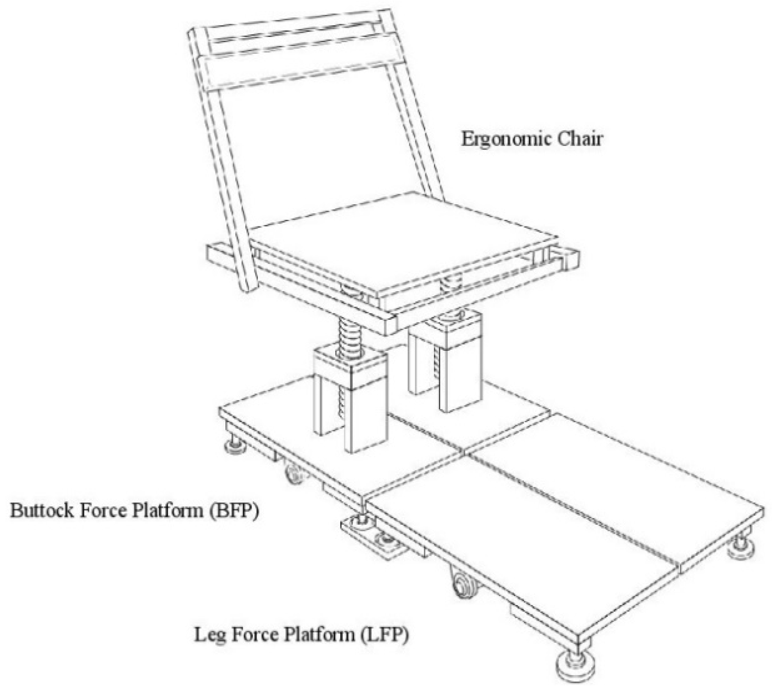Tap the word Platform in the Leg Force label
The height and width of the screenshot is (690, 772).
point(319,635)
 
